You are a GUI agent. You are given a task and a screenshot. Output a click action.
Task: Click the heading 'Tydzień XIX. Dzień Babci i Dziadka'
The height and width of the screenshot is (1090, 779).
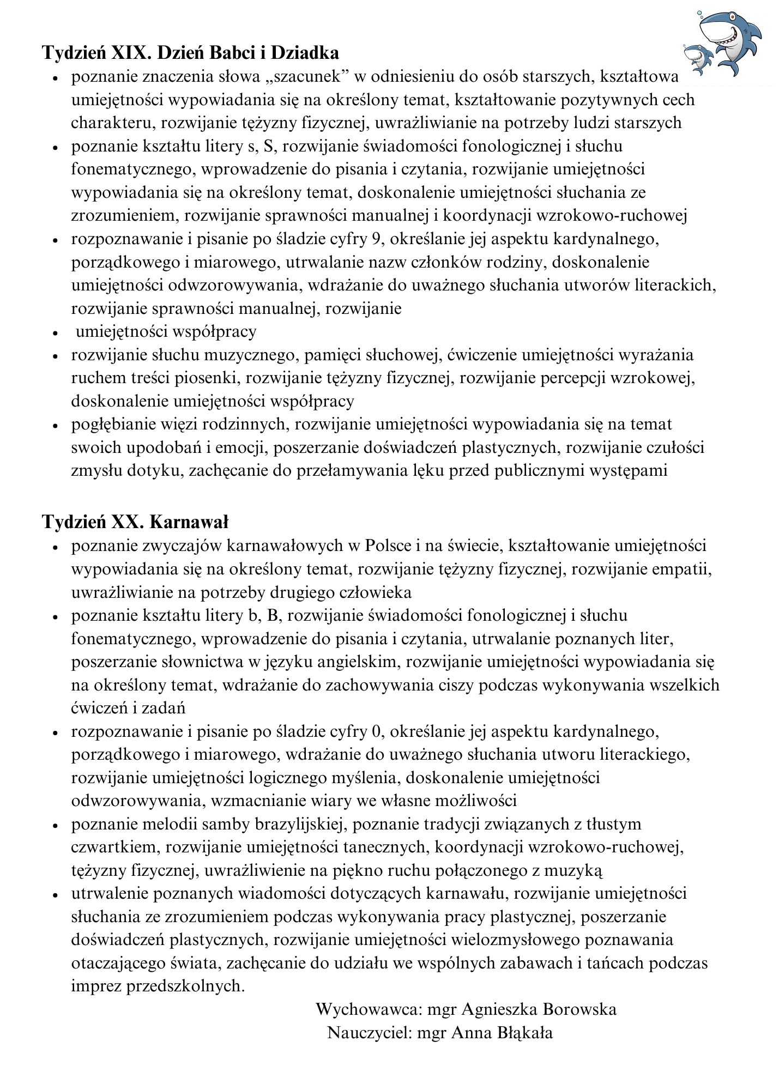[191, 52]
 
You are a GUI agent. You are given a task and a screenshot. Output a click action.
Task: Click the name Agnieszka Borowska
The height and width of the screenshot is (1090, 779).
[539, 1009]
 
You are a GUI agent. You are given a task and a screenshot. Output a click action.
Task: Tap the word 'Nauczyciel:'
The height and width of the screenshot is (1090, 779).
[369, 1032]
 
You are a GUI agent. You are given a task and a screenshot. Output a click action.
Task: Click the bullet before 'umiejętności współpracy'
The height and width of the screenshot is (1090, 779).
[55, 332]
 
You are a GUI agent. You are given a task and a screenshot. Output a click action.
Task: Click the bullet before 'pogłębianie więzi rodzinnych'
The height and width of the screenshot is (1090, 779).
[55, 425]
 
